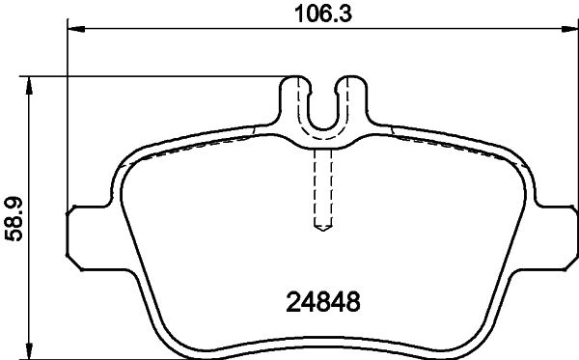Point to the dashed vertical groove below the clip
[324, 188]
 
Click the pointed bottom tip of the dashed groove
[324, 230]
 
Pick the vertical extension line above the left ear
[69, 116]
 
